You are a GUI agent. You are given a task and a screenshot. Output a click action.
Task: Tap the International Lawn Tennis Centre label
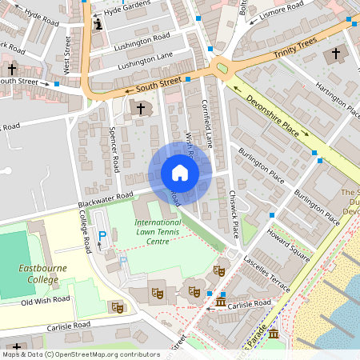coord(158,231)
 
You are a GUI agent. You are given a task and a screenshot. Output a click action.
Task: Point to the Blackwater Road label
coord(106,201)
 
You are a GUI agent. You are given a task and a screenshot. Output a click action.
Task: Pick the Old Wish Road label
coord(46,302)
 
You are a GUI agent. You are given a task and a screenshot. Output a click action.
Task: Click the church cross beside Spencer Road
coord(141,108)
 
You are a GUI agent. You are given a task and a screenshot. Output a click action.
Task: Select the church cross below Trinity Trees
coord(335,54)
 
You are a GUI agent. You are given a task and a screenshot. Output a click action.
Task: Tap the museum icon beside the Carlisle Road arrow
coord(221,301)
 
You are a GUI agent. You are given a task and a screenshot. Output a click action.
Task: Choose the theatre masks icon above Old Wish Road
coord(118,306)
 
